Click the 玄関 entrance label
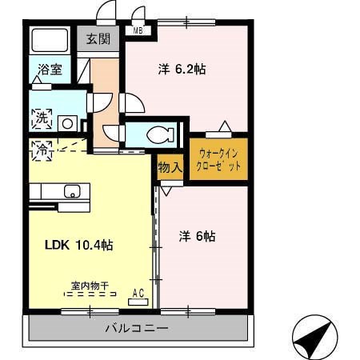[x=98, y=39]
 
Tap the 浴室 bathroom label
[x=50, y=70]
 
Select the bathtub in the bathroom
[x=50, y=40]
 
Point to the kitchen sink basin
[x=72, y=191]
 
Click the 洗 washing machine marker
[x=42, y=119]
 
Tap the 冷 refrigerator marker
[x=42, y=150]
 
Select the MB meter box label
[x=138, y=31]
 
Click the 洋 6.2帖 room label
[x=182, y=70]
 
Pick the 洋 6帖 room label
[x=198, y=236]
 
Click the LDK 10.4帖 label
[x=78, y=245]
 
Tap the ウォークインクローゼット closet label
[x=218, y=160]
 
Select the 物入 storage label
[x=170, y=167]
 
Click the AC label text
[x=138, y=294]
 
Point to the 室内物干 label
[x=90, y=286]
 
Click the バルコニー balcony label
[x=137, y=328]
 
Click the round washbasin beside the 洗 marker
[x=67, y=123]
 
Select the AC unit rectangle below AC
[x=138, y=302]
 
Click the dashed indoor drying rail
[x=90, y=294]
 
